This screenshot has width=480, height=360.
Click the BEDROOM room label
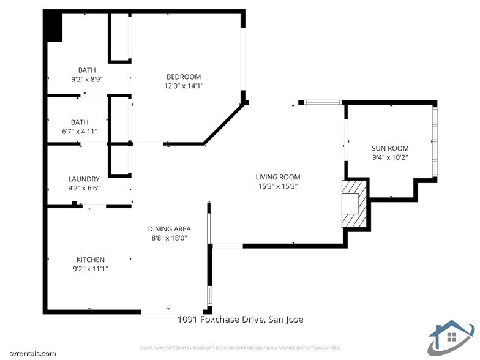coord(184,77)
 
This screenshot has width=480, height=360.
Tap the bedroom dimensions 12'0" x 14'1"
coord(184,86)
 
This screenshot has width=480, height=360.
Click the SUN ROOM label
coord(390,148)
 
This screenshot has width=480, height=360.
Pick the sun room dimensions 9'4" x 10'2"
coord(390,157)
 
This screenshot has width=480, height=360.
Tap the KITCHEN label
coord(90,260)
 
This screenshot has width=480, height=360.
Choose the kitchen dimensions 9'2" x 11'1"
coord(90,269)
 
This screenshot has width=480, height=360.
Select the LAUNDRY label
coord(84,179)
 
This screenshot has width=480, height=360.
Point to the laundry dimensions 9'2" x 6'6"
coord(84,188)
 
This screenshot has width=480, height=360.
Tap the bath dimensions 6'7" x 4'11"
coord(80,131)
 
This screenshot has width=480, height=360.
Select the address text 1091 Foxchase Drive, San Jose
coord(240,320)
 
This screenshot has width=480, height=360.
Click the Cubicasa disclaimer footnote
coord(240,347)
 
